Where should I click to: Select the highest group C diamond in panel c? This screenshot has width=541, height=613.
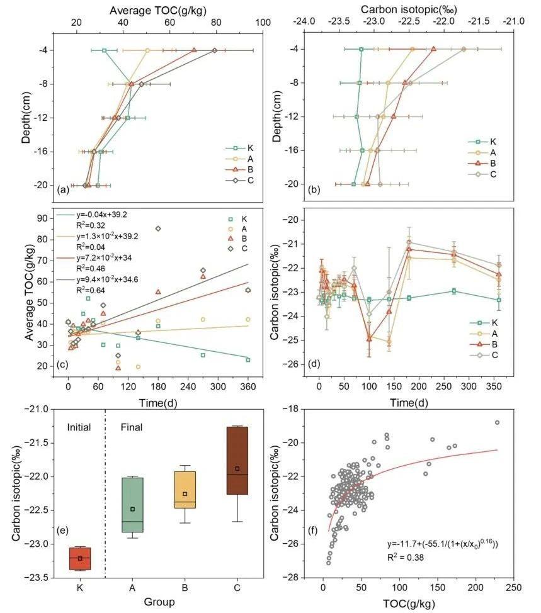pos(158,228)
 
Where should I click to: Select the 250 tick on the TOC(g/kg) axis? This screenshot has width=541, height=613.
pos(513,588)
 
